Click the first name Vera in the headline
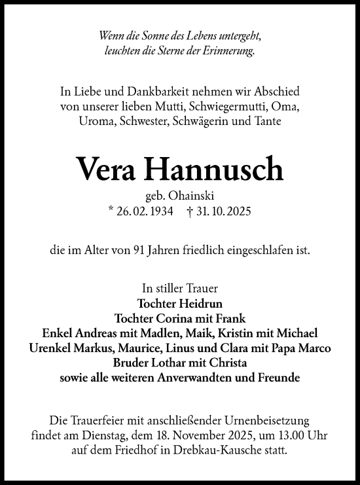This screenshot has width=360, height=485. click(x=107, y=170)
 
